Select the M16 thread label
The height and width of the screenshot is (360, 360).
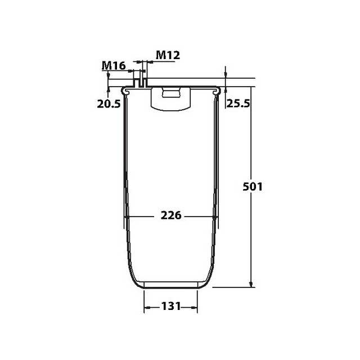113,66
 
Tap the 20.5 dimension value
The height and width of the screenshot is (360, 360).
109,103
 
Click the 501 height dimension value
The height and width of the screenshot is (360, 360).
253,186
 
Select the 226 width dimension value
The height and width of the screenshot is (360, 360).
171,216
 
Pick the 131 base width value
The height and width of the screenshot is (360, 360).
171,307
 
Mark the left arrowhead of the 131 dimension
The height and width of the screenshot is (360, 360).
147,307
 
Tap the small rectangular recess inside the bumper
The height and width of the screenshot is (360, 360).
170,92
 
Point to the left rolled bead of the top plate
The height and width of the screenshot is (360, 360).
128,89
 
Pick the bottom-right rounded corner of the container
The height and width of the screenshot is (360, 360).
208,279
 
